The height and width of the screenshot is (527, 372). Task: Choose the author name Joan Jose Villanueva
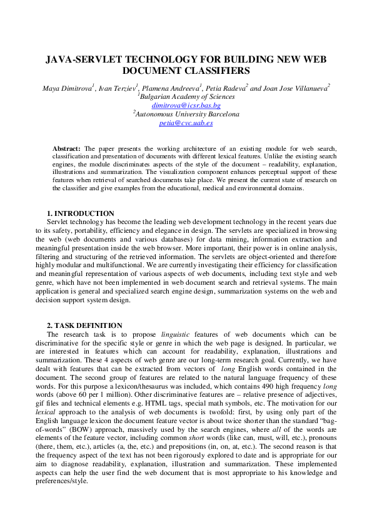click(x=297, y=88)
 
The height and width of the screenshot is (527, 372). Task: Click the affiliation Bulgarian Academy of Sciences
click(x=187, y=97)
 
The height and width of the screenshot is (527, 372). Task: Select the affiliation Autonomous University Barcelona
click(x=187, y=115)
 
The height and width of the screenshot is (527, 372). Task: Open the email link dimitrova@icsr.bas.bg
click(x=186, y=106)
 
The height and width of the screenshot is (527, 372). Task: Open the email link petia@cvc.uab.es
click(x=186, y=123)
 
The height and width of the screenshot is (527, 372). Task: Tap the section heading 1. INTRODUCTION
click(x=81, y=213)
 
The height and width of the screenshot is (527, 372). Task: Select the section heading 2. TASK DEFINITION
click(x=84, y=325)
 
